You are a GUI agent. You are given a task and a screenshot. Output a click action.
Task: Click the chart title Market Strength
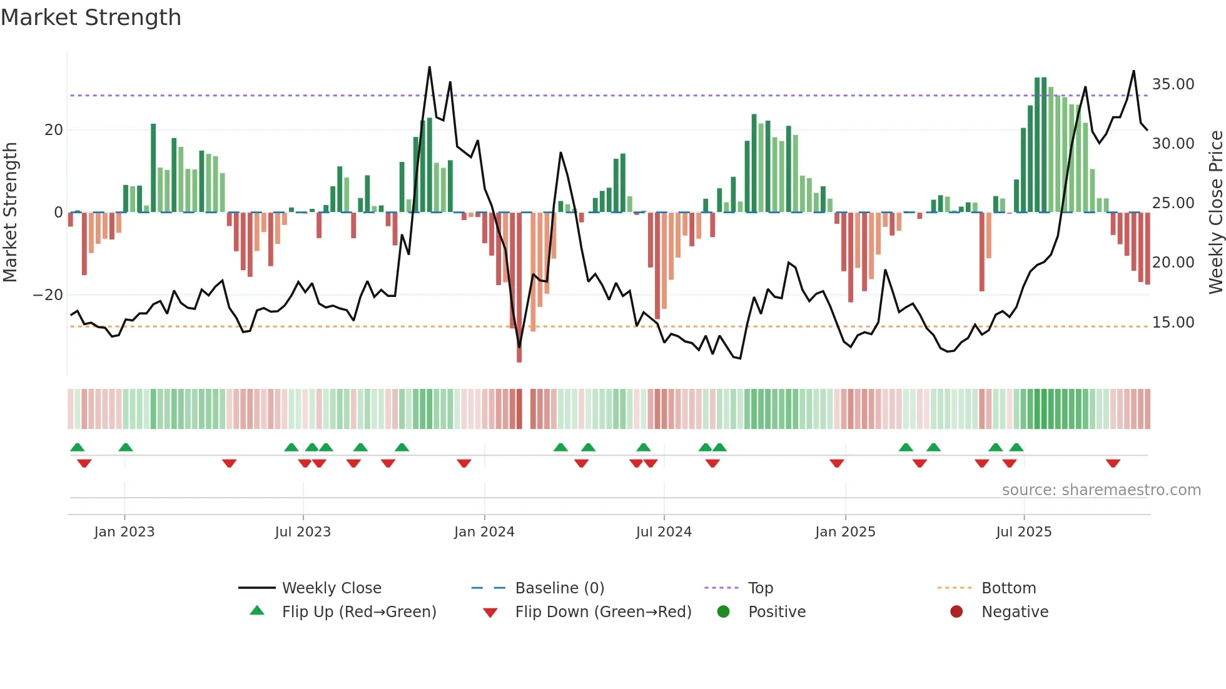(x=91, y=18)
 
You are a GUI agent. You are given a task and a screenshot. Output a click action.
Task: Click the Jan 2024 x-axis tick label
(x=484, y=531)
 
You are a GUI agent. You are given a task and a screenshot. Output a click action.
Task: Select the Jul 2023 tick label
(x=303, y=531)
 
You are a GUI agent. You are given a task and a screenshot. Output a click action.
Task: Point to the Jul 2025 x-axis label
(x=1024, y=531)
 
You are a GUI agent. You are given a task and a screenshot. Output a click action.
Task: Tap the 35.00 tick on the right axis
(x=1173, y=84)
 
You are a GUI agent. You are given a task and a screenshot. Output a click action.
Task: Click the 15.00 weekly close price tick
(x=1173, y=323)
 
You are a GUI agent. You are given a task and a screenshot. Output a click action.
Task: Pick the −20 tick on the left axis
(x=48, y=295)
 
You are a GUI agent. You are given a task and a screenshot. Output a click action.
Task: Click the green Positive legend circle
(x=724, y=611)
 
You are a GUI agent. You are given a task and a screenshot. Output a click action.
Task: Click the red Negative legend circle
(x=956, y=611)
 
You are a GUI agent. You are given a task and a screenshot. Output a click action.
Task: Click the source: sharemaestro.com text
(x=1101, y=490)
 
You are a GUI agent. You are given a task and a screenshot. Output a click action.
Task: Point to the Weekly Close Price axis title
(x=1215, y=212)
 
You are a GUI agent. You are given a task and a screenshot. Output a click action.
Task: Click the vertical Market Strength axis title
(x=10, y=212)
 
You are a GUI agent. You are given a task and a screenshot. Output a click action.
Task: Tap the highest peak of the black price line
(x=430, y=67)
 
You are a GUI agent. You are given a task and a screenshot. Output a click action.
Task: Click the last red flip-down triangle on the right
(x=1113, y=463)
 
